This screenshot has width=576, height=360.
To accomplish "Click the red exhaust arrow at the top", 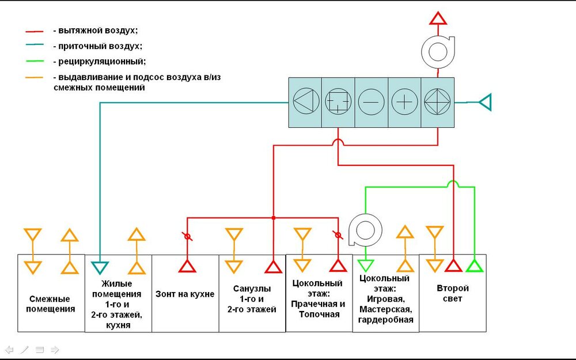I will (x=438, y=18).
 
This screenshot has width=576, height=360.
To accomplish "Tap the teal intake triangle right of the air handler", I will (x=484, y=103).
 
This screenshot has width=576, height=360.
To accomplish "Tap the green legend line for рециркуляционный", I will (x=36, y=61).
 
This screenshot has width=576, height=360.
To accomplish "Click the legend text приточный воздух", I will (x=97, y=46).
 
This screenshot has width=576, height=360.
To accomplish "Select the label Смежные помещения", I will (x=51, y=304).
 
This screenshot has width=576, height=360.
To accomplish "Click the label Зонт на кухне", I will (x=185, y=294).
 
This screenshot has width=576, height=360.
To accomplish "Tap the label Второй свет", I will (x=452, y=293).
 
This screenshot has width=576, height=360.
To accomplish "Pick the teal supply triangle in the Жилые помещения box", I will (x=100, y=267).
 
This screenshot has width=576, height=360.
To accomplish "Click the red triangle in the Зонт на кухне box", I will (x=187, y=266).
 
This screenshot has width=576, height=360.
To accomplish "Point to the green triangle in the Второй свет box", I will (x=473, y=266).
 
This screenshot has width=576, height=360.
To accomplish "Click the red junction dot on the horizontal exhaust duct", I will (x=273, y=218).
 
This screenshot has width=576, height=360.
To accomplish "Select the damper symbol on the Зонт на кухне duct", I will (x=187, y=236).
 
